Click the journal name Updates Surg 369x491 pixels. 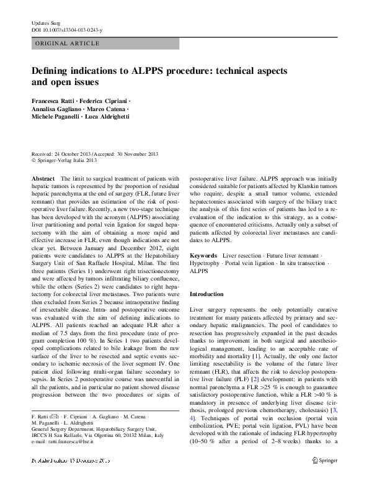[43, 23]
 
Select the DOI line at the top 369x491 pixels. [66, 30]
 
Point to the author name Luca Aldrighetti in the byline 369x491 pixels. [107, 117]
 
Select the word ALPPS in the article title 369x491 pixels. [147, 71]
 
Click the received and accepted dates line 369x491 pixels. [95, 153]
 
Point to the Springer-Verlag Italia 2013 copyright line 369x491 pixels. [66, 160]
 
